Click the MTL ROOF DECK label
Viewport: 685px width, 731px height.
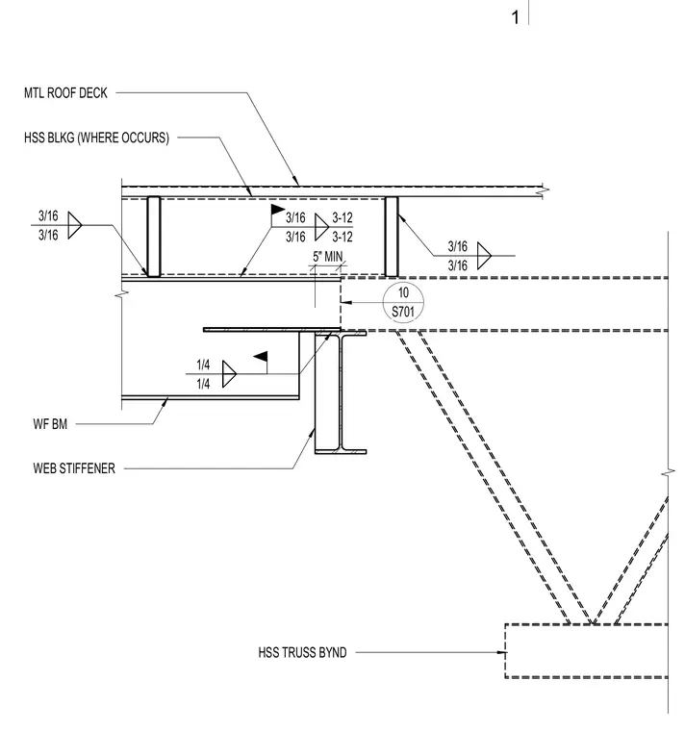pos(65,92)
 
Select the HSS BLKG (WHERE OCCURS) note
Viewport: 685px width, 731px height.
pos(96,138)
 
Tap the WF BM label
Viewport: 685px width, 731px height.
pos(50,424)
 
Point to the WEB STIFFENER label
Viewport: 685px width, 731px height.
pos(74,468)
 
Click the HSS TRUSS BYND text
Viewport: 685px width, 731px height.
pos(303,652)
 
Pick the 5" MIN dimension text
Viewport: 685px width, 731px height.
pos(327,257)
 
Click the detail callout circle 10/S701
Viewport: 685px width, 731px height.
pos(403,302)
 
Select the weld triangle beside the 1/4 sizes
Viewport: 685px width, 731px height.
pos(229,374)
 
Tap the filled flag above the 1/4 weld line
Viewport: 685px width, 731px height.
pos(261,357)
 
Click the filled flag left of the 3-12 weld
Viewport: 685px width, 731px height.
pos(278,210)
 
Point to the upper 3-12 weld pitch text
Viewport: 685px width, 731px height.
pos(342,217)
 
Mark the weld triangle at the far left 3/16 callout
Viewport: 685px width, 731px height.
pos(75,225)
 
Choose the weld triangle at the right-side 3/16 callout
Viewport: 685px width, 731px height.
pos(484,256)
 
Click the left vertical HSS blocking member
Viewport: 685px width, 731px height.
pos(154,237)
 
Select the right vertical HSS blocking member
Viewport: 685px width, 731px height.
pos(392,237)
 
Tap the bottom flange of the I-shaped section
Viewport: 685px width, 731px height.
pos(341,451)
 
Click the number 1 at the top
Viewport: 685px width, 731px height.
pos(515,17)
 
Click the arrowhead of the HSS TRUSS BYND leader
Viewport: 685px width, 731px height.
pos(502,652)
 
